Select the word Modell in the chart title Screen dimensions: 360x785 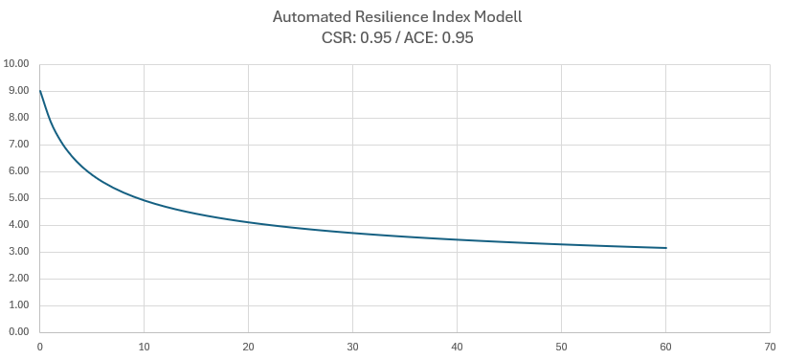488,17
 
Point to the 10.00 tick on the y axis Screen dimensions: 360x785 17,64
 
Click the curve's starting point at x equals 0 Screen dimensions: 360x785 39,90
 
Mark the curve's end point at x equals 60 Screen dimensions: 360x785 665,248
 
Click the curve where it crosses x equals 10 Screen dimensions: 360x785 144,200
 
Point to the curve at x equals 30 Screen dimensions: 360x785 352,233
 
